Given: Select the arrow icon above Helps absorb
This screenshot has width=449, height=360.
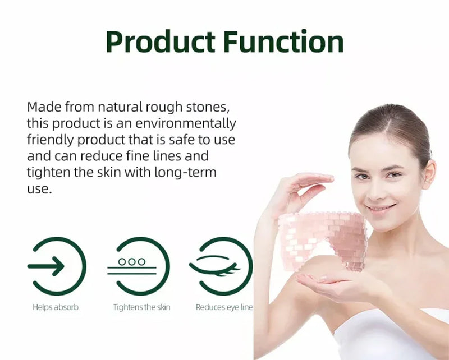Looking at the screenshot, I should click(x=57, y=266).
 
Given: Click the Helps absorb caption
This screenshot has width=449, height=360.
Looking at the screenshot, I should click(x=56, y=307).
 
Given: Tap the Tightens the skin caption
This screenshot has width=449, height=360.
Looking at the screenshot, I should click(x=141, y=307).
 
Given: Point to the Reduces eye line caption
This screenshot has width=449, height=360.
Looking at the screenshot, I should click(x=224, y=307).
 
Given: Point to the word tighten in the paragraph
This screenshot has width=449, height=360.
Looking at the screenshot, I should click(x=48, y=172).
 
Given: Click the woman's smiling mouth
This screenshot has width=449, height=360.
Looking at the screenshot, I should click(x=381, y=208).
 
